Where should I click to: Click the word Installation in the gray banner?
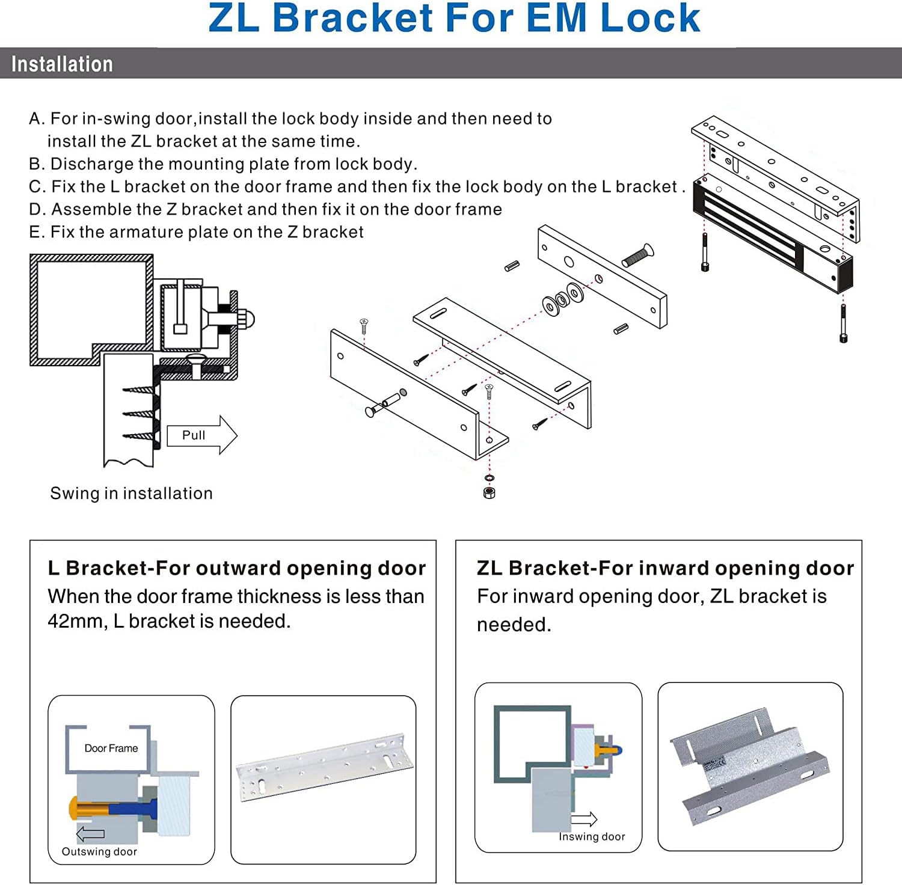click(62, 64)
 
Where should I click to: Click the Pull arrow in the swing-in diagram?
click(201, 435)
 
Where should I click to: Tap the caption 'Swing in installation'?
click(131, 493)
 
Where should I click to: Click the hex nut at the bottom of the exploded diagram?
click(489, 493)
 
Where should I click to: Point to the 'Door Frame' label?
click(111, 748)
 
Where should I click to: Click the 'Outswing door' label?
click(99, 851)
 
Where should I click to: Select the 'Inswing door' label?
click(592, 836)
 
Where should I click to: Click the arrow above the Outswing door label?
click(90, 834)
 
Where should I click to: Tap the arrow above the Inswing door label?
click(584, 819)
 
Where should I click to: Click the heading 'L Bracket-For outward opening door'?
click(237, 568)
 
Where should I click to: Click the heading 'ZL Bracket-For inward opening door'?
click(665, 568)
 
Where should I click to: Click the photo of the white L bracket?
click(324, 767)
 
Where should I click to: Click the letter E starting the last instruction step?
click(34, 232)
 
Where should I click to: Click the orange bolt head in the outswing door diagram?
click(75, 807)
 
